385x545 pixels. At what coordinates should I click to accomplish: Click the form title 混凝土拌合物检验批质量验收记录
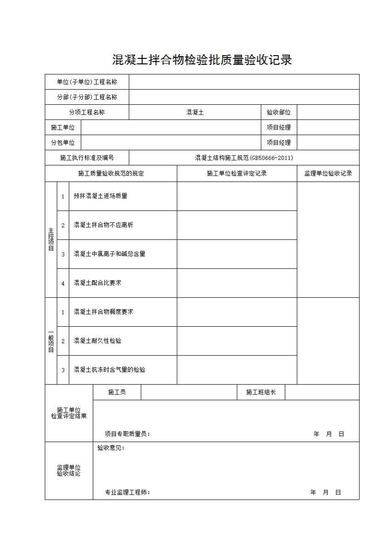tap(202, 60)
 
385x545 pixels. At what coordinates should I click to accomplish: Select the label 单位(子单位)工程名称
tap(87, 82)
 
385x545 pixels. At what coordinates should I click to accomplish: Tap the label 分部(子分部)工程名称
tap(87, 97)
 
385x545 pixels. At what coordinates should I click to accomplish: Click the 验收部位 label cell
tap(278, 113)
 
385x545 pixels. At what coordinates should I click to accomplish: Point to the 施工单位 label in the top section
tap(63, 127)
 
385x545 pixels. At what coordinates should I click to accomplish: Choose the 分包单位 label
tap(63, 142)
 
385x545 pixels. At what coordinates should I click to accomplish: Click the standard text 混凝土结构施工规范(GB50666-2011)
tap(244, 158)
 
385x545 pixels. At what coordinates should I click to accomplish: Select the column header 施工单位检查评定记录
tap(237, 174)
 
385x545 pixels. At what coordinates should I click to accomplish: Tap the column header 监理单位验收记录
tap(328, 174)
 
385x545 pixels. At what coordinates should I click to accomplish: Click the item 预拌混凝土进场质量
tap(101, 196)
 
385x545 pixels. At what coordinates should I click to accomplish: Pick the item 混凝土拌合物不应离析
tap(103, 225)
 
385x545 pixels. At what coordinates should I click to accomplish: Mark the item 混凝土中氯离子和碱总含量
tap(109, 254)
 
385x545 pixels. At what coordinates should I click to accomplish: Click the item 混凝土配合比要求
tap(97, 283)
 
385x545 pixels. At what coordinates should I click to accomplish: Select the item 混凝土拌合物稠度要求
tap(103, 312)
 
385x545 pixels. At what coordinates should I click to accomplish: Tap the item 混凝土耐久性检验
tap(97, 341)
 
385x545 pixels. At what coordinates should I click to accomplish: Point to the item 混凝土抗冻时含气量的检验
tap(109, 370)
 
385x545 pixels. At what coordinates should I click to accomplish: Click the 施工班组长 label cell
tap(261, 392)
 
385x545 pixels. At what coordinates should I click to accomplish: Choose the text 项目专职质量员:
tap(127, 434)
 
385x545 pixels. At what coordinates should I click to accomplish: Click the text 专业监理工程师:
tap(127, 493)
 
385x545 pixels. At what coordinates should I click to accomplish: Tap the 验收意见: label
tap(111, 448)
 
